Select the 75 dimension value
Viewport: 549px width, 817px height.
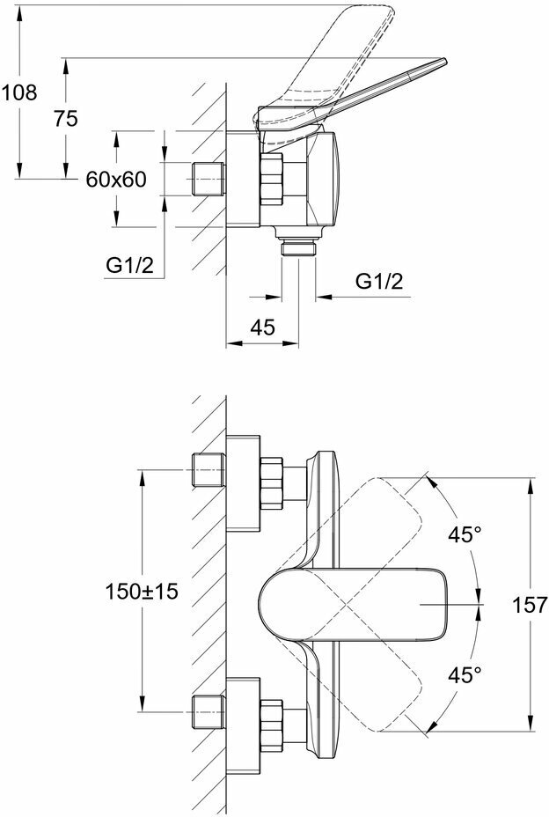(65, 121)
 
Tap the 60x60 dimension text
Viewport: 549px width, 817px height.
(114, 179)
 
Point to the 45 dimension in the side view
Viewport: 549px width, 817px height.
(261, 328)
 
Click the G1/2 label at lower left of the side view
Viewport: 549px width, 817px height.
(130, 265)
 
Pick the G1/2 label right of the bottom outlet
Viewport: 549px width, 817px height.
(379, 282)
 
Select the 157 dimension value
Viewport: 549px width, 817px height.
(531, 605)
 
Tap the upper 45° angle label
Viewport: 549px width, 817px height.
(466, 535)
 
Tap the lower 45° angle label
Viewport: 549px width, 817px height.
(466, 675)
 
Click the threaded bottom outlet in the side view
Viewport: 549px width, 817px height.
(297, 247)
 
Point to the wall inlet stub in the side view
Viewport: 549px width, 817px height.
(208, 179)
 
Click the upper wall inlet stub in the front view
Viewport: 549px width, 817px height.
(208, 471)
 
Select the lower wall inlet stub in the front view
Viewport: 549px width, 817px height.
(208, 710)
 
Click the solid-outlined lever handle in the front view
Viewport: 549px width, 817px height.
(352, 607)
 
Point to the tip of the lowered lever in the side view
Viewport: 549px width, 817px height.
(440, 63)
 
